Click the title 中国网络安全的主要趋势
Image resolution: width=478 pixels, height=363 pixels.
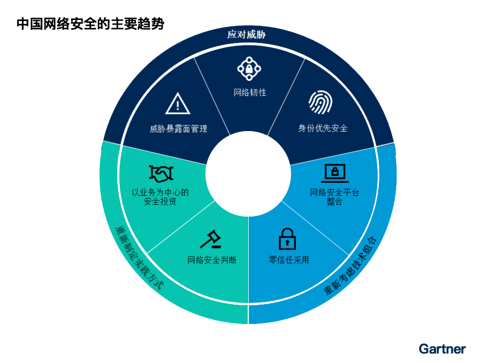click(91, 24)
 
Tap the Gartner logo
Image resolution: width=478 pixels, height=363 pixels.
click(442, 349)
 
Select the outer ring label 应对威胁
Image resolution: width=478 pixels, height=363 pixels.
click(248, 35)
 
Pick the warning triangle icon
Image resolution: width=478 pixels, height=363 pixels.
click(178, 104)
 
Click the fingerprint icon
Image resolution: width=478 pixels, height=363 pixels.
click(320, 102)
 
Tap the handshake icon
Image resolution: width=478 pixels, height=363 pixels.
click(161, 174)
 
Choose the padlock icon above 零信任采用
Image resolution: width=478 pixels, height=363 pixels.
click(287, 239)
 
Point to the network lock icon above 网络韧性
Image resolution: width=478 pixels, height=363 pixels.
click(249, 69)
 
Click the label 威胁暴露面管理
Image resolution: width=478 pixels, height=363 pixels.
click(178, 129)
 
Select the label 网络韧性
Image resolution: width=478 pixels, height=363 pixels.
click(250, 93)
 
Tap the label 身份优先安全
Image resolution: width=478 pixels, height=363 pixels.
click(323, 129)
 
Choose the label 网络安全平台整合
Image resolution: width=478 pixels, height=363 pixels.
click(335, 197)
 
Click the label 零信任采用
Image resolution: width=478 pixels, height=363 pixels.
click(289, 260)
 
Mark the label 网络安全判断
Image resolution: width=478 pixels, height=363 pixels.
click(212, 260)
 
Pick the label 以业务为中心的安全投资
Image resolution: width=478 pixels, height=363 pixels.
click(160, 197)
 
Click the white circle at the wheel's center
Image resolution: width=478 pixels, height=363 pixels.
click(248, 174)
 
